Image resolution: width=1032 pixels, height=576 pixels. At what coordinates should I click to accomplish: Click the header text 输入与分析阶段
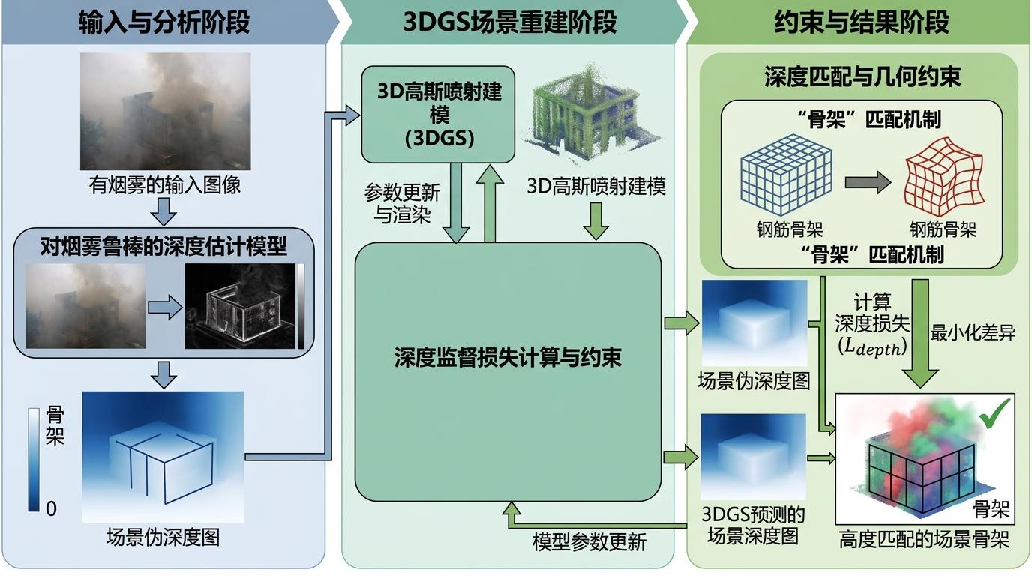click(x=164, y=23)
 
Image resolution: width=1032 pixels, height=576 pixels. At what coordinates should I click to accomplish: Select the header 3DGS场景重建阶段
click(x=510, y=23)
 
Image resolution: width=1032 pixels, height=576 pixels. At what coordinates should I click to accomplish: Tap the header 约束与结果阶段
click(x=862, y=23)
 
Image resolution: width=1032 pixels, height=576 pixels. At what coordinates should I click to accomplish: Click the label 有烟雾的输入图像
click(x=166, y=184)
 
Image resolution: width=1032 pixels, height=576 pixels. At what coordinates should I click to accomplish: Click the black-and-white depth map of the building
click(x=238, y=306)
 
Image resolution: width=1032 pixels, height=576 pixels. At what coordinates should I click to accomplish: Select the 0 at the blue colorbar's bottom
click(x=51, y=509)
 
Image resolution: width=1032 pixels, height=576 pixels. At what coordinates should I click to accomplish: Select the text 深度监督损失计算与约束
click(x=508, y=358)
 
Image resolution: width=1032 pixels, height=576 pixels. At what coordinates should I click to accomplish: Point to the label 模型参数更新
click(x=589, y=541)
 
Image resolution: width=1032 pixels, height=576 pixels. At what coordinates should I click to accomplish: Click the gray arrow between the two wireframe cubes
click(x=867, y=181)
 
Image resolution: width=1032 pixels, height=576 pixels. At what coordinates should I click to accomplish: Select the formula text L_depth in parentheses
click(x=873, y=348)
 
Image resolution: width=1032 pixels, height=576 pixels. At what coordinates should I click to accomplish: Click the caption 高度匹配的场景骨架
click(x=924, y=540)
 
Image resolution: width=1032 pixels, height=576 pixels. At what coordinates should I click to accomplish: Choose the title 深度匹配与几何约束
click(x=862, y=76)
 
